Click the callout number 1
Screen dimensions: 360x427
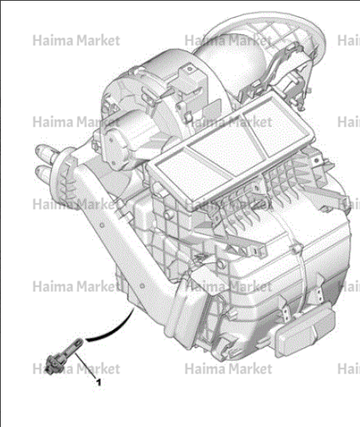pos(99,383)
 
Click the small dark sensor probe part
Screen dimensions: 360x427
pos(64,356)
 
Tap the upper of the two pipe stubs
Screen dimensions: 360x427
pos(46,153)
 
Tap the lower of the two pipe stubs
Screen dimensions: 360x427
pos(45,173)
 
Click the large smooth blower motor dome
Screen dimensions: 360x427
pos(231,64)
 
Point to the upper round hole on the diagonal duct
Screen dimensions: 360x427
pos(102,225)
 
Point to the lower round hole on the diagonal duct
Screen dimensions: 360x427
pos(142,286)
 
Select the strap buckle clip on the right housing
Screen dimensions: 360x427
pos(297,248)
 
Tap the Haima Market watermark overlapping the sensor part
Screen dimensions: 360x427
pos(76,370)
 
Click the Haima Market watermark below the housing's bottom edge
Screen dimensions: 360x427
pos(229,370)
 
